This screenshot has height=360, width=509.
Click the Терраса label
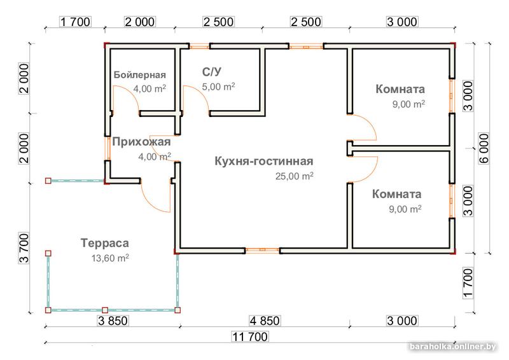[105, 243]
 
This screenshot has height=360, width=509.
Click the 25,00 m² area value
[294, 176]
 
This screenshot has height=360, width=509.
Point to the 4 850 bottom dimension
[262, 320]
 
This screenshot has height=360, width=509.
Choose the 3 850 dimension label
[115, 320]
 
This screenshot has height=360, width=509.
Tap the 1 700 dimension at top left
[75, 22]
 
